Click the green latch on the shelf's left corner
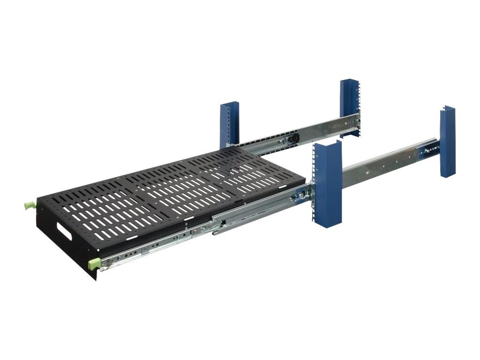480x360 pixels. (x=29, y=206)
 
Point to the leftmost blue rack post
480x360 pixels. (x=229, y=125)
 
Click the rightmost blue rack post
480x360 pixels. (x=448, y=141)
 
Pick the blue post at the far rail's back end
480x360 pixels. (x=350, y=108)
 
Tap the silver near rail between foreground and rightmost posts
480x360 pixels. (x=384, y=159)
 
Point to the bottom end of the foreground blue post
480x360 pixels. (x=328, y=224)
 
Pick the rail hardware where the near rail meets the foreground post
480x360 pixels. (x=302, y=193)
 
